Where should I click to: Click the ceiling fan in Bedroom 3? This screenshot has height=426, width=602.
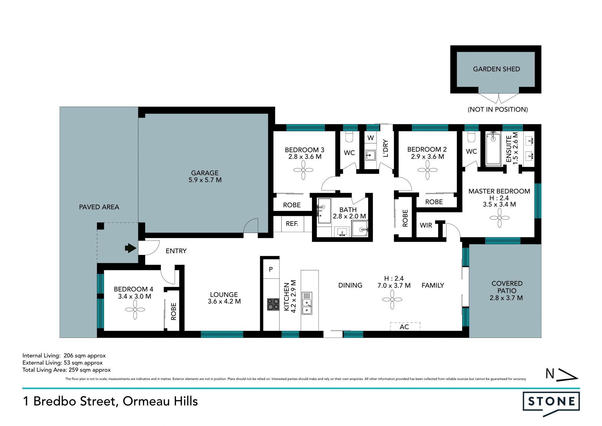coord(303,170)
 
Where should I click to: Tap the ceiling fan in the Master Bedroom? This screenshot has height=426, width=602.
coord(499,218)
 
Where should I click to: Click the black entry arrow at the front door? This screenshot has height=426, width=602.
coord(130,248)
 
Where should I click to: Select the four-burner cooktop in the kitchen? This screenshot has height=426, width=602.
coord(273,304)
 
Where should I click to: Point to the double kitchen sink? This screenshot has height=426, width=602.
coord(307,303)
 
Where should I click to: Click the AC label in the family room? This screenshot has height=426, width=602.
coord(404,327)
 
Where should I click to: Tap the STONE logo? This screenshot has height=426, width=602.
coord(551,403)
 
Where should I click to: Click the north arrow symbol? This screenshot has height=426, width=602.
coord(562,374)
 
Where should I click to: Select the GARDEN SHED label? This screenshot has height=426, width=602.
coord(496,69)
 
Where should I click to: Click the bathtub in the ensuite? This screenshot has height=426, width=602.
coord(493,148)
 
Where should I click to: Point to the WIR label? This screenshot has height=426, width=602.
coord(426,225)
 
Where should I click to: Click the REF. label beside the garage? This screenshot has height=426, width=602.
coord(292,224)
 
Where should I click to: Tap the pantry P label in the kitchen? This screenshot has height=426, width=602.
coord(271,269)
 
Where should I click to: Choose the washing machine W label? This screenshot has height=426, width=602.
coord(371,138)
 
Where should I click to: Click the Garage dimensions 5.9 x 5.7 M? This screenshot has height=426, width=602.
coord(205,180)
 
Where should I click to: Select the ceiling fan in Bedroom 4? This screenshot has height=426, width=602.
coord(135,310)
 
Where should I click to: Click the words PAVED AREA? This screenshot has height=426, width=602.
coord(99,207)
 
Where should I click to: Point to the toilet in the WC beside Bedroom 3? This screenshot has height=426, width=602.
coord(349,137)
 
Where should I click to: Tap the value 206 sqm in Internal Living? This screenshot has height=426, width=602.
coord(75,356)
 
